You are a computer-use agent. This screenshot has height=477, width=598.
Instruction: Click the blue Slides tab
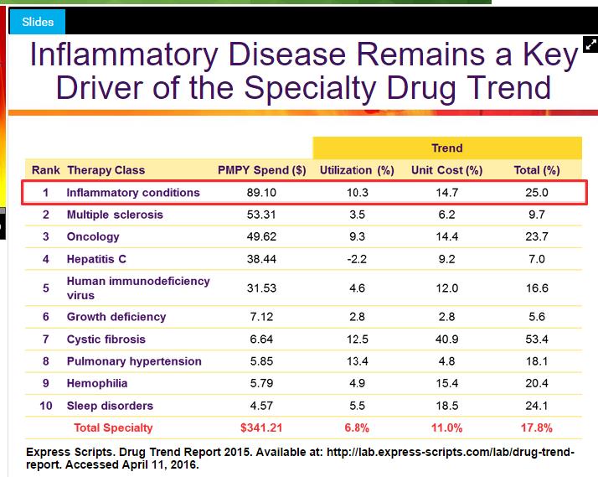(37, 22)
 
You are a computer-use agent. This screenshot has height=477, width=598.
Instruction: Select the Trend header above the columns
(446, 148)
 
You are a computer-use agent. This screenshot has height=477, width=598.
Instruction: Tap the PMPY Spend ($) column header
(261, 170)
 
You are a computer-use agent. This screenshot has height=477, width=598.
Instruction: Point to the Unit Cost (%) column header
(446, 170)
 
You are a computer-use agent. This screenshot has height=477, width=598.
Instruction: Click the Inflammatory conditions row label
(133, 192)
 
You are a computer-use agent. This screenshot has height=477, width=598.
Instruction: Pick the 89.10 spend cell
(261, 192)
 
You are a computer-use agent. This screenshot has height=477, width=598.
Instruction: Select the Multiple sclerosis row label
(115, 215)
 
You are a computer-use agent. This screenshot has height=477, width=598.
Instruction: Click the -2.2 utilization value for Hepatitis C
(356, 259)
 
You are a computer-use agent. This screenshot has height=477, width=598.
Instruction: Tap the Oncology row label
(93, 236)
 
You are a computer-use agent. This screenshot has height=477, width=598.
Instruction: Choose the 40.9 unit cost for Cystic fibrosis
(446, 340)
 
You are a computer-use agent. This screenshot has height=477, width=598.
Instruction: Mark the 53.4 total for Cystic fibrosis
(537, 340)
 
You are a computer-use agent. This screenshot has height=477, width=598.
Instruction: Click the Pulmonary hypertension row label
(134, 361)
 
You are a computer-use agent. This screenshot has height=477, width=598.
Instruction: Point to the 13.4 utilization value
(356, 361)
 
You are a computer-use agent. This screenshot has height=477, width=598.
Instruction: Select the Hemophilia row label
(97, 384)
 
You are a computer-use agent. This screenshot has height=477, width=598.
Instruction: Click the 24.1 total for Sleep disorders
(537, 406)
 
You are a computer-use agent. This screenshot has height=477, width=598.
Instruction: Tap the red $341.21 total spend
(261, 428)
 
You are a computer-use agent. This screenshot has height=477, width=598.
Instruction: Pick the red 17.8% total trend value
(537, 428)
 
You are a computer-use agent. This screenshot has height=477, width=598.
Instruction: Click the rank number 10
(46, 406)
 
